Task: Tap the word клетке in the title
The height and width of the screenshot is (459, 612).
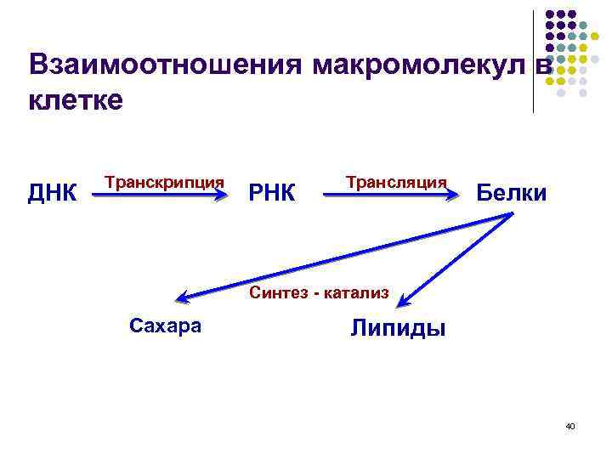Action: (x=76, y=100)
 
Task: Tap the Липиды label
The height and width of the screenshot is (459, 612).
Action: (x=398, y=328)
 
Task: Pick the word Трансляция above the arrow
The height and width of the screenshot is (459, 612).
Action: (x=396, y=182)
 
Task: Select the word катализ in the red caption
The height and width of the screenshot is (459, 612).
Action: (x=357, y=294)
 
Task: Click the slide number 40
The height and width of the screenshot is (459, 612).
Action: (x=570, y=426)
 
